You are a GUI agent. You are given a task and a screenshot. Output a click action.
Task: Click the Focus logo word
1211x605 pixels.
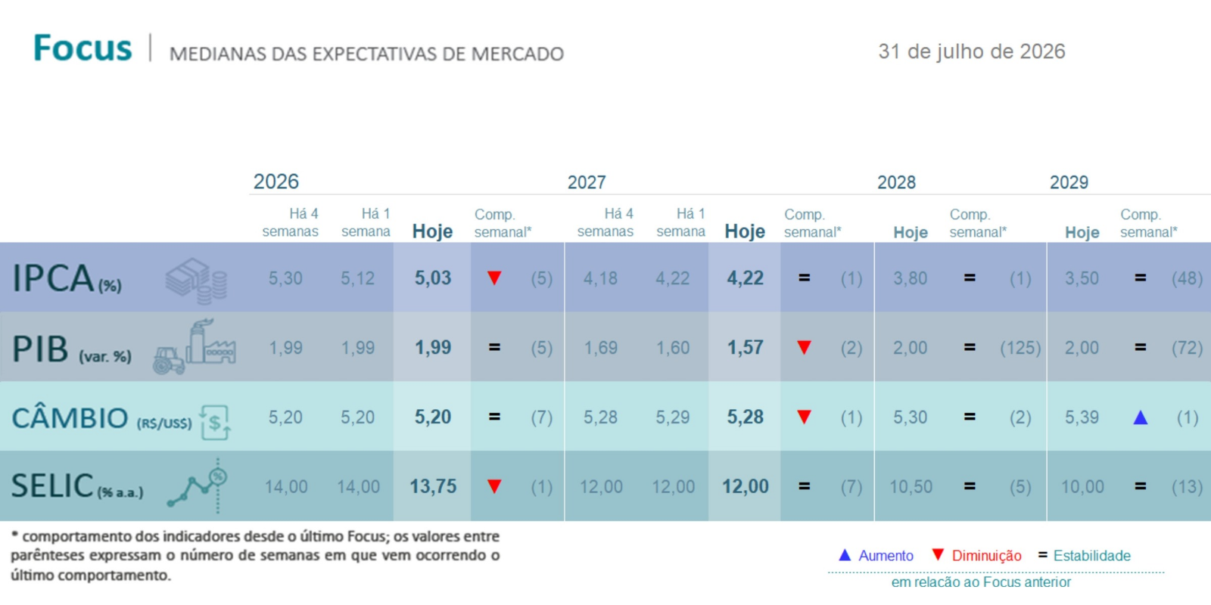pos(82,48)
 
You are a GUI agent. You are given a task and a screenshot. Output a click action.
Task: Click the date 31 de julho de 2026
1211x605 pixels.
pos(972,52)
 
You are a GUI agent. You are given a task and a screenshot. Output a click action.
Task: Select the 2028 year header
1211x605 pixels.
pos(896,182)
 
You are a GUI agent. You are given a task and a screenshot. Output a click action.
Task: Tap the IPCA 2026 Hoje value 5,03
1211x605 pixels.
pos(432,278)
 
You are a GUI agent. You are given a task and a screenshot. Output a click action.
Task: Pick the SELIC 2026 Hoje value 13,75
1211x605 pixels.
pos(432,486)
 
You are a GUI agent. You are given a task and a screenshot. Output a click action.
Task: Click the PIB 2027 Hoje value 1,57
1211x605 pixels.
pos(745,347)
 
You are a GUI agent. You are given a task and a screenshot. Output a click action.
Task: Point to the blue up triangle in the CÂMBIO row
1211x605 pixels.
pos(1140,417)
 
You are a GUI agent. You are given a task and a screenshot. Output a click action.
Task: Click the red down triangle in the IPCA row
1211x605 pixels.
pos(494,278)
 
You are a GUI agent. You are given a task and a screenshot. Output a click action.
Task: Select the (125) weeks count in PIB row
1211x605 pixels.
pos(1020,348)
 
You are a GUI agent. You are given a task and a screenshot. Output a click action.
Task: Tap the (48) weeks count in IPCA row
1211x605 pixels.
pos(1187,278)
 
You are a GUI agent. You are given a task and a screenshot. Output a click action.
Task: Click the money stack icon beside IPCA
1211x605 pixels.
pos(196,281)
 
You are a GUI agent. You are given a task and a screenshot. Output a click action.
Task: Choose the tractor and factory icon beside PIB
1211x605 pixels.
pos(195,346)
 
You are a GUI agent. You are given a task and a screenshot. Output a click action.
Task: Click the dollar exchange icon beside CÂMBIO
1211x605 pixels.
pos(215,422)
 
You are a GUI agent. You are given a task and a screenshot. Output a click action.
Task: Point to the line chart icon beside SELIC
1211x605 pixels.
pos(198,486)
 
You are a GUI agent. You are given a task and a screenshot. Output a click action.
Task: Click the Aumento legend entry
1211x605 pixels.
pos(876,555)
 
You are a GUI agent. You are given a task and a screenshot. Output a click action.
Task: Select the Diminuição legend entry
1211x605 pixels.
pos(977,555)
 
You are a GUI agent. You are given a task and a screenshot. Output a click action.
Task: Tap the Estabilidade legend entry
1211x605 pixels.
pos(1085,555)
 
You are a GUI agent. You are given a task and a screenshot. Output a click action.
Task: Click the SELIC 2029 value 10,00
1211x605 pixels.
pos(1082,487)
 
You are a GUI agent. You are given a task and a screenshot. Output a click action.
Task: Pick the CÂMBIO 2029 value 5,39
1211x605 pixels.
pos(1082,417)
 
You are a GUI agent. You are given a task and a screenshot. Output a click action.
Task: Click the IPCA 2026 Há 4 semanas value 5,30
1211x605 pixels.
pos(285,278)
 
